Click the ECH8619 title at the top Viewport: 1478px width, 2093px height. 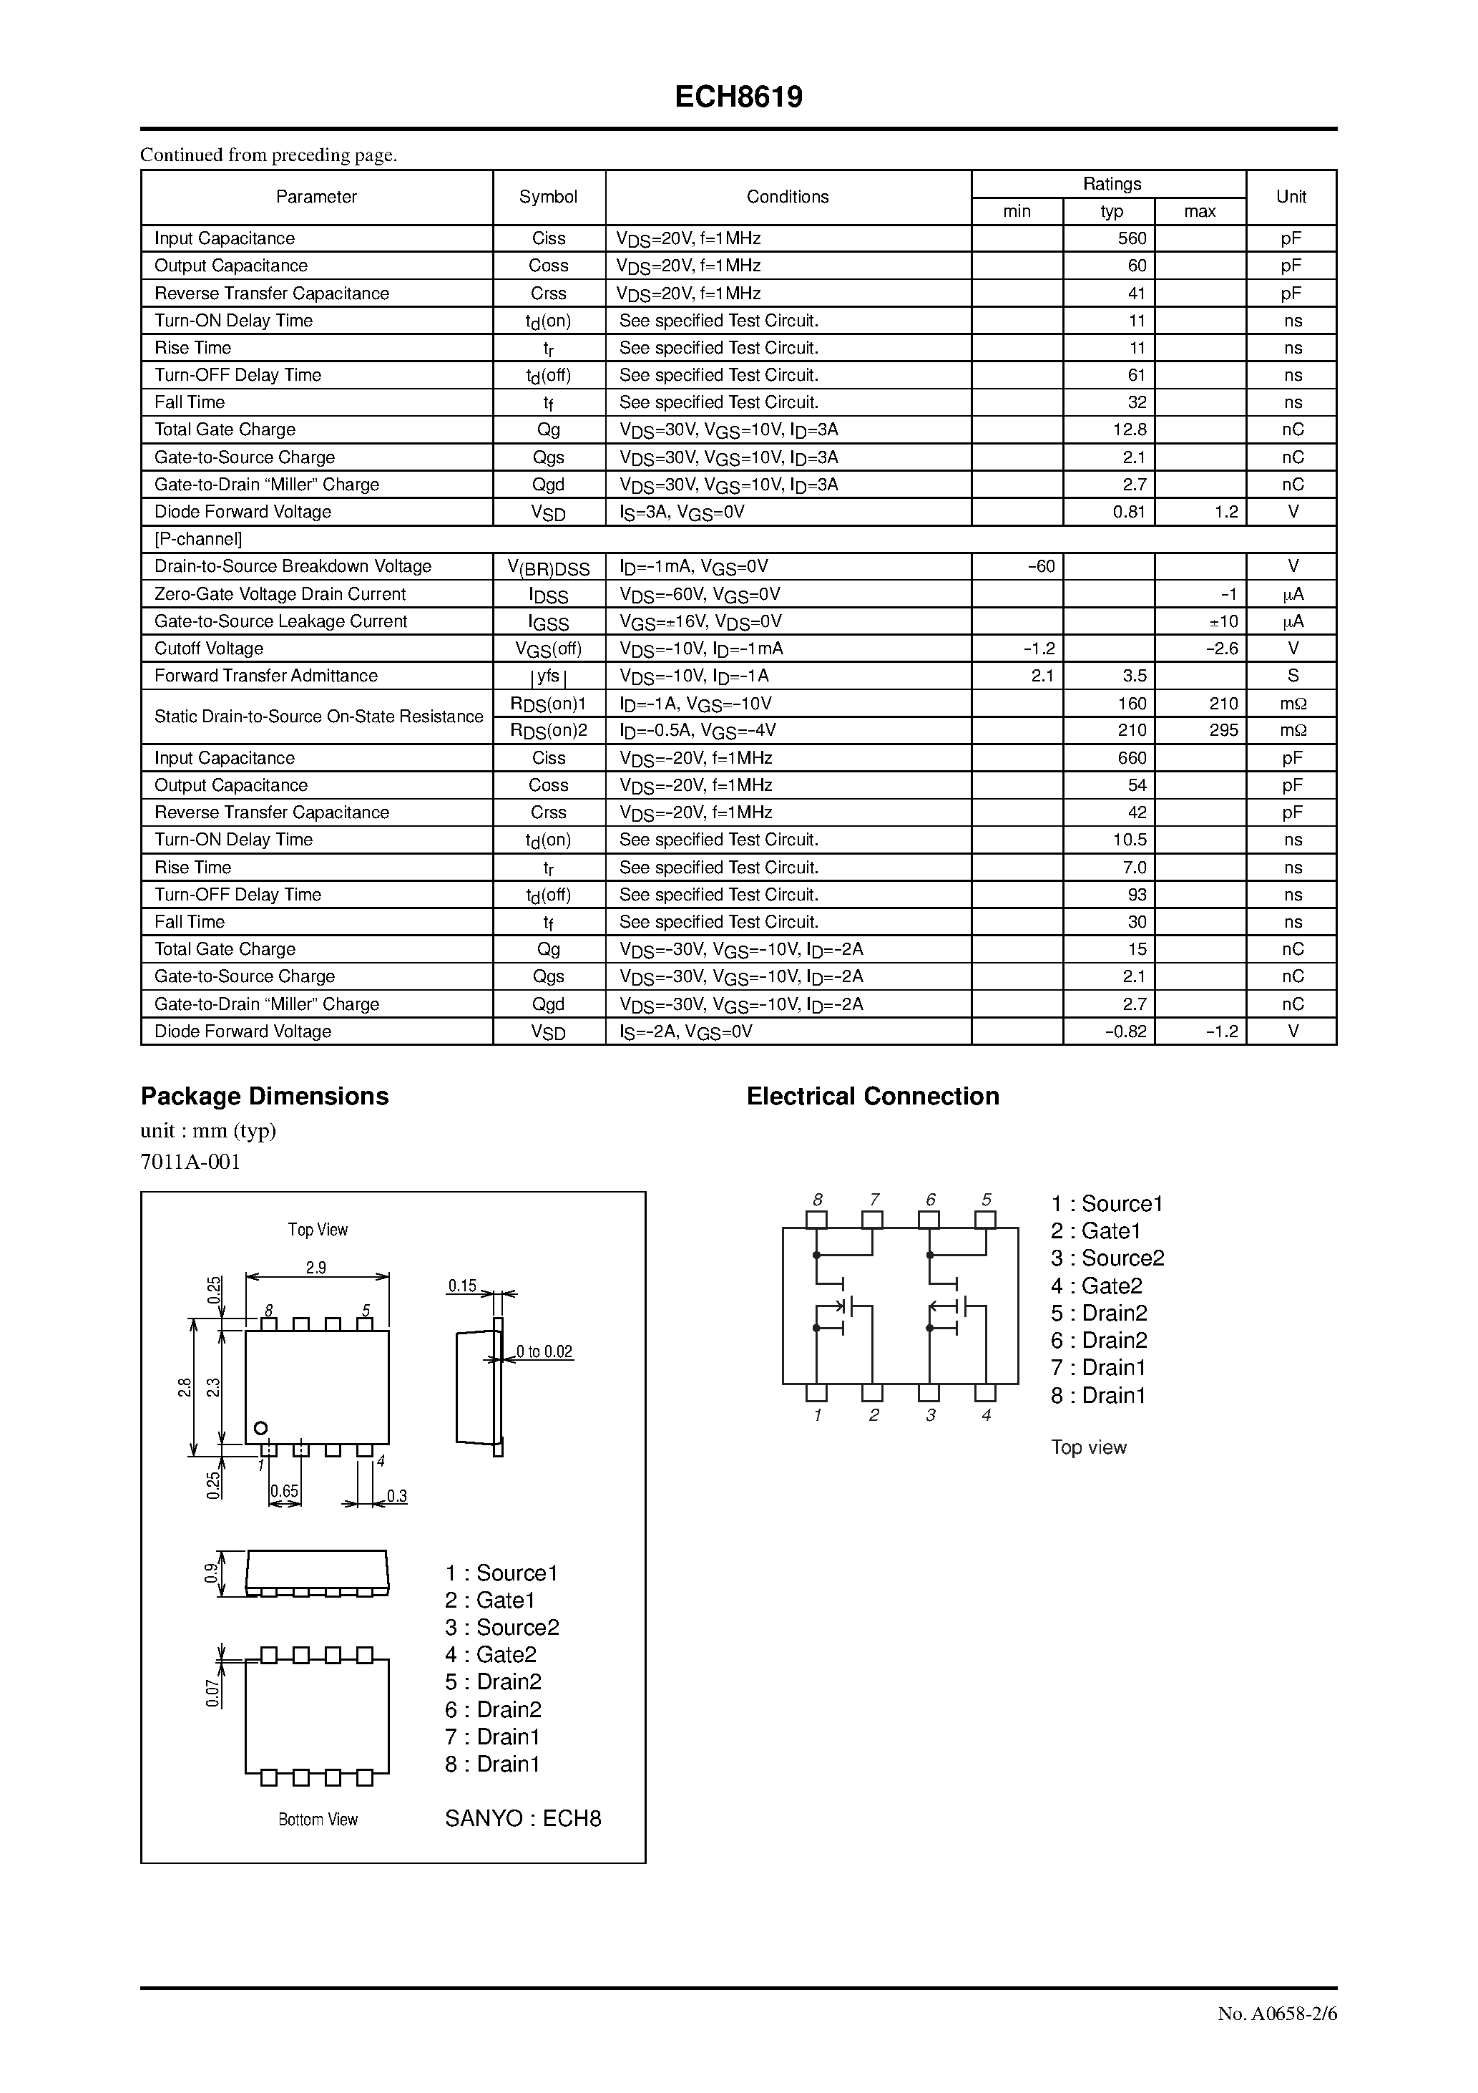738,97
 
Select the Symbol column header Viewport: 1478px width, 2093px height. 549,197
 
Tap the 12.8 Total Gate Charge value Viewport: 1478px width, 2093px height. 1129,430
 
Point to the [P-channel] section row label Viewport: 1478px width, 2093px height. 197,540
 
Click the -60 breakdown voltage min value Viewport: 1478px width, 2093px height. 1041,567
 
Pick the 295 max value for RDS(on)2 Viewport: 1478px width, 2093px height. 1224,731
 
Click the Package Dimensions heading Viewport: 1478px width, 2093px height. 264,1097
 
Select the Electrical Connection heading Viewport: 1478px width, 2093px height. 872,1097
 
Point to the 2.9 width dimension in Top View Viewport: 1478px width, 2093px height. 315,1268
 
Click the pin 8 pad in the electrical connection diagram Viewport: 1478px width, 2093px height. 816,1220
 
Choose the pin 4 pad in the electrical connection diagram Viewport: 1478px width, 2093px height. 985,1393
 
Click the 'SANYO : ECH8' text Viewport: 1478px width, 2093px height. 523,1820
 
